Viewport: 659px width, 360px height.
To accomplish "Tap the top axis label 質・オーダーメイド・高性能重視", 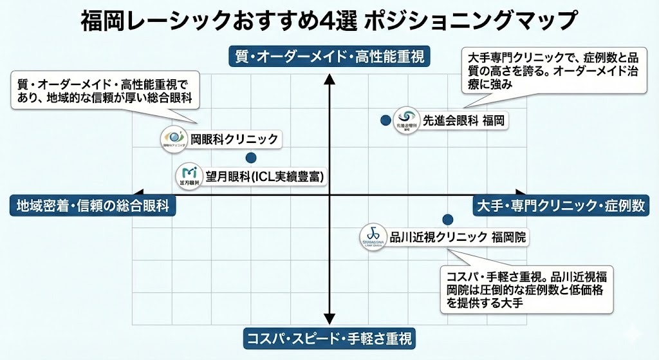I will click(329, 57).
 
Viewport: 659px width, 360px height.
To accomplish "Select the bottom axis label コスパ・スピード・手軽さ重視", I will click(329, 337).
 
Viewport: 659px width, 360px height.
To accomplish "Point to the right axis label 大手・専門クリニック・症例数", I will click(561, 205).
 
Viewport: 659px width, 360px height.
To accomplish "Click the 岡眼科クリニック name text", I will click(234, 138).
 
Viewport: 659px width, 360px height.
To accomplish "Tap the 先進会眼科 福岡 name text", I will click(462, 120).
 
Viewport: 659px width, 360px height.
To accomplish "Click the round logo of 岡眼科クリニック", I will click(174, 138).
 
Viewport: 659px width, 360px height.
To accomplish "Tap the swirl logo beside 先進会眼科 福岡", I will click(406, 118).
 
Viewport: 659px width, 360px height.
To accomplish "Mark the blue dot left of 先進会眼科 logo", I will click(385, 120).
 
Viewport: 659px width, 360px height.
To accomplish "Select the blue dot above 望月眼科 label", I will click(251, 158).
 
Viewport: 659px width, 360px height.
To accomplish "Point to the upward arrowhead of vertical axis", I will click(329, 79).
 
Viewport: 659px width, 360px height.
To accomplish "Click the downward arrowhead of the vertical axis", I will click(329, 318).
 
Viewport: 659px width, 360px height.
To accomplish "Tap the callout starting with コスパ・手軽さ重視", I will click(524, 289).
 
